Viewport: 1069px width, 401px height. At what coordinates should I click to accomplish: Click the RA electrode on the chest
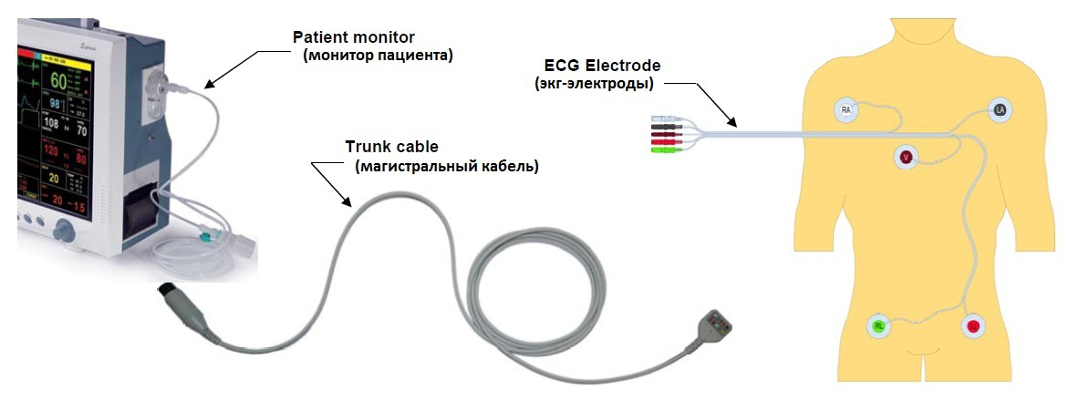coord(846,110)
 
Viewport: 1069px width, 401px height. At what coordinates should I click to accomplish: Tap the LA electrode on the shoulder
coord(1001,110)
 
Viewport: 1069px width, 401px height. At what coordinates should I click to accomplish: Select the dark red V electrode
coord(906,157)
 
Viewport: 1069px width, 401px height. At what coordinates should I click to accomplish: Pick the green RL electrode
coord(878,325)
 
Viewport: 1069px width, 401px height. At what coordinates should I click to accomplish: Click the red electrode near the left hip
coord(972,325)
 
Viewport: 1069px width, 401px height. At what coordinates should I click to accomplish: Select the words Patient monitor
coord(353,37)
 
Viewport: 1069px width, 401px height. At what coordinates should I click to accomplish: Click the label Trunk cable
coord(391,146)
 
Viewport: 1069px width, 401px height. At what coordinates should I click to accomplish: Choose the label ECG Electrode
coord(602,66)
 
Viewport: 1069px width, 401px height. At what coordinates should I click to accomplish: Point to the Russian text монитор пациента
coord(378,56)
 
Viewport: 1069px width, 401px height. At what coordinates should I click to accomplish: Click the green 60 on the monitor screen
coord(59,81)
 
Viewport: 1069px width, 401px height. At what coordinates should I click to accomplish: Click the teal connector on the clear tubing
coord(212,236)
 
